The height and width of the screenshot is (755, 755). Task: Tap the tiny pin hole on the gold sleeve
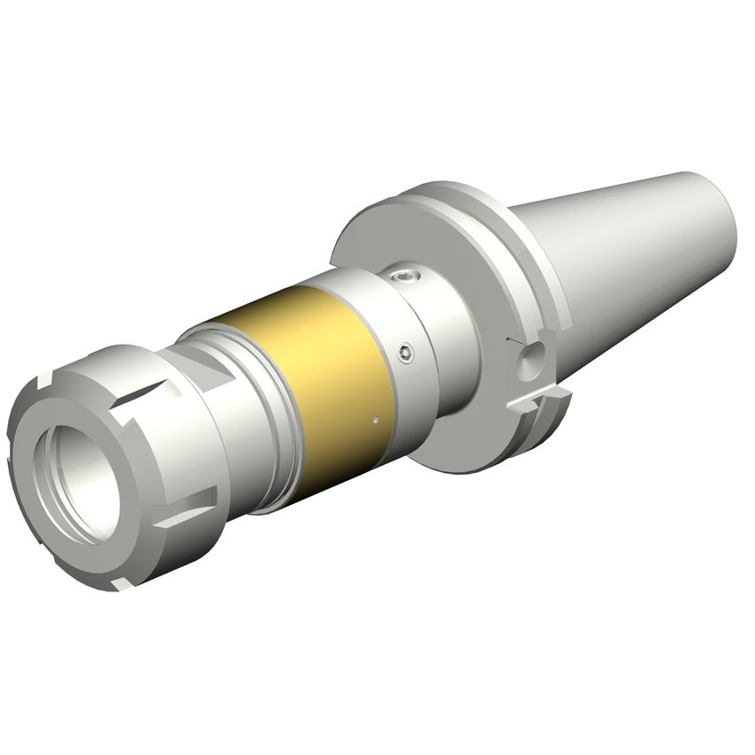point(377,419)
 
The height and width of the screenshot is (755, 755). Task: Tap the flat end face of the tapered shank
point(725,217)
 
